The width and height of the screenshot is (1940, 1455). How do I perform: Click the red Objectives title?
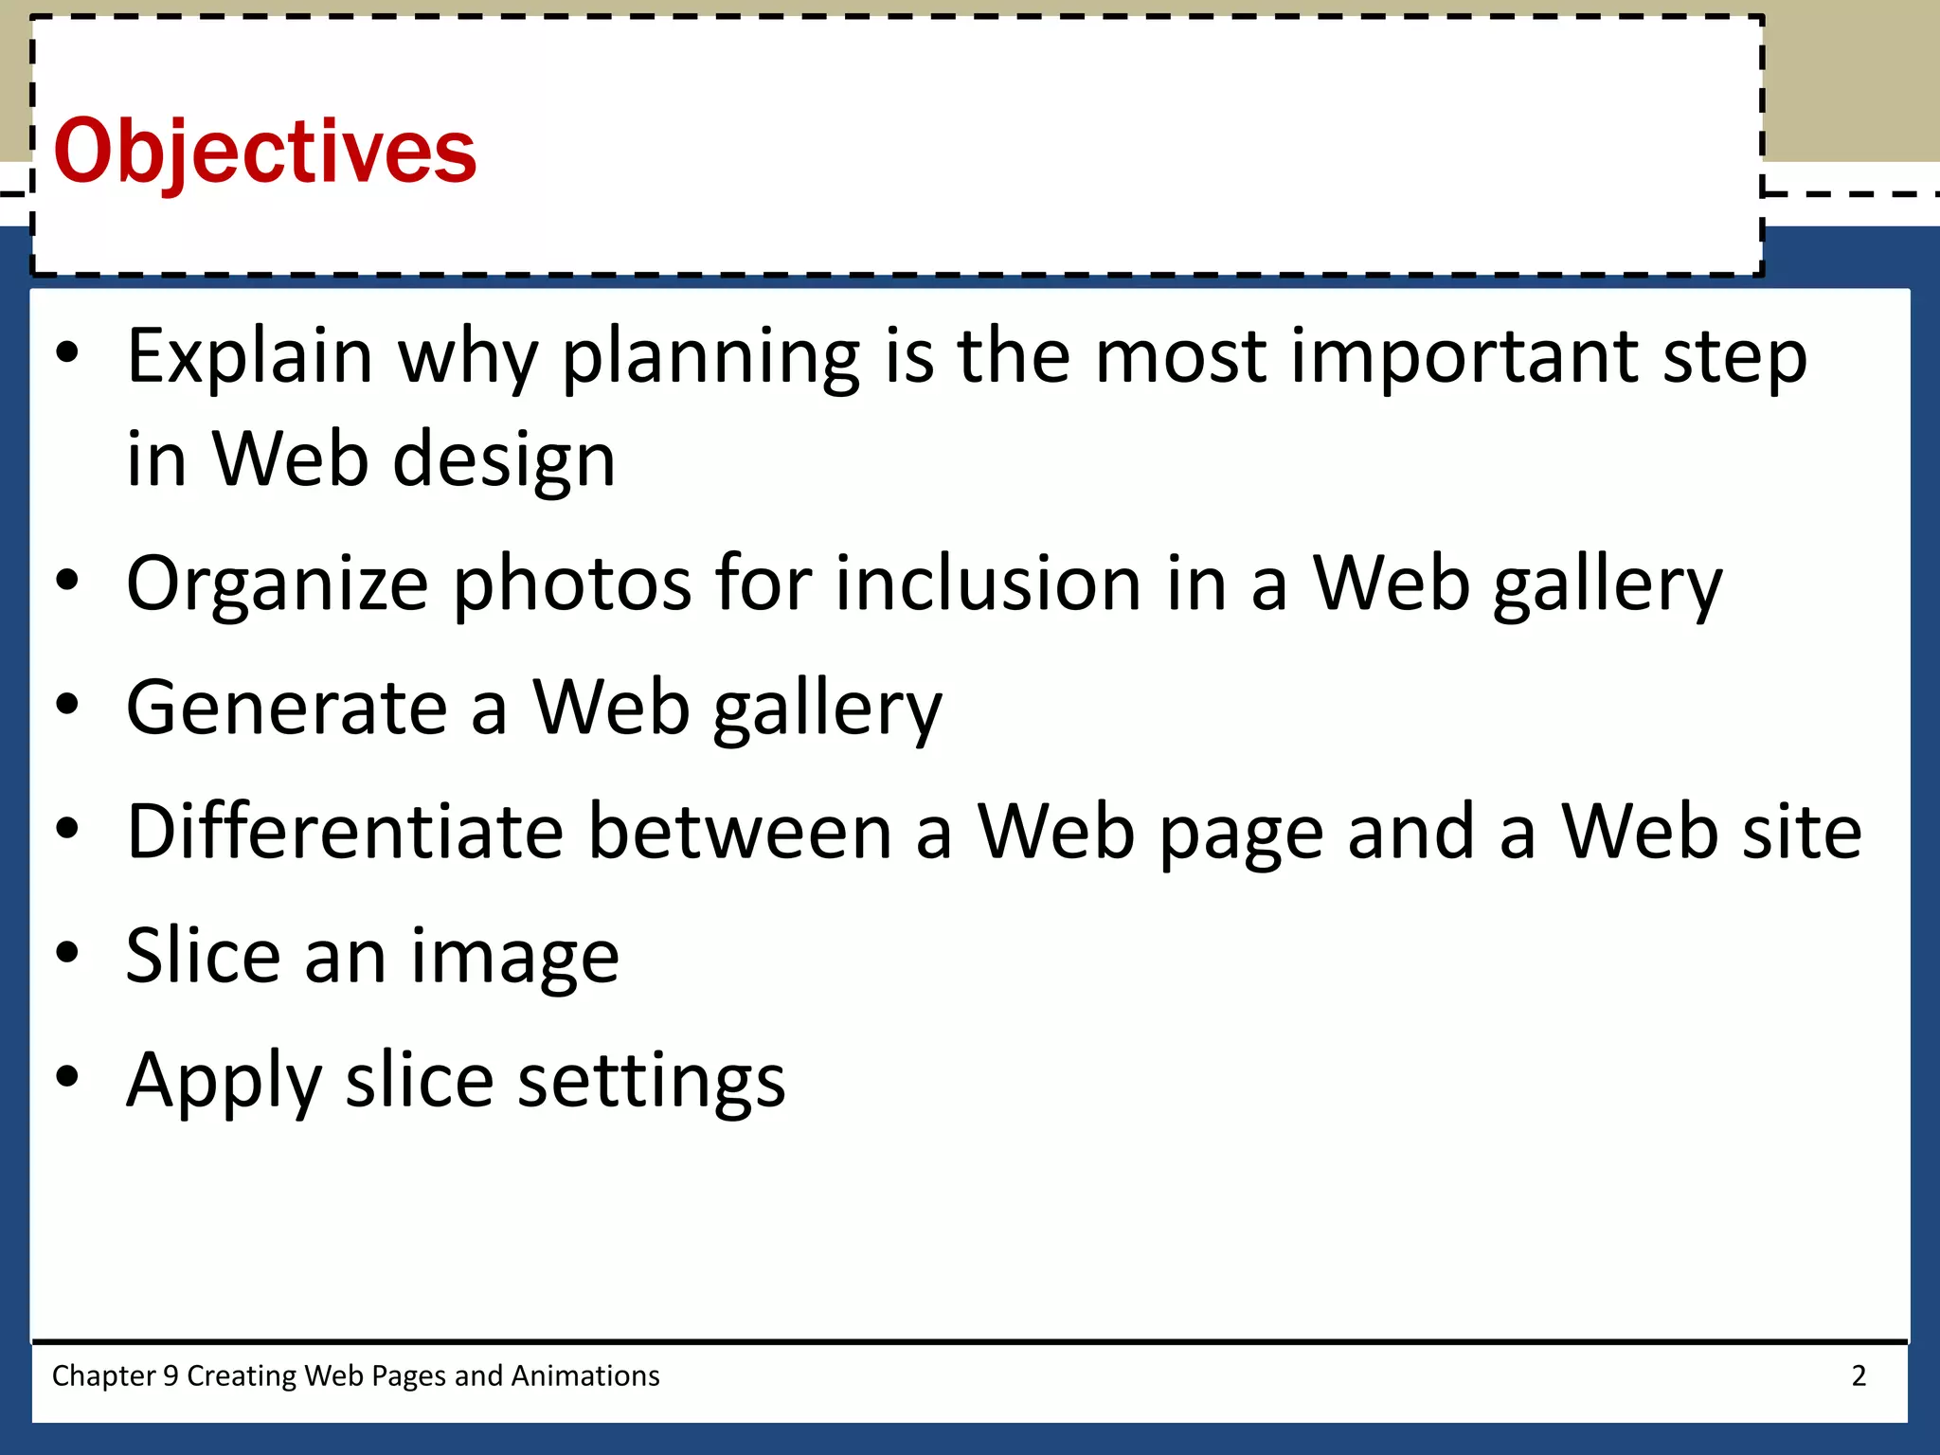click(265, 152)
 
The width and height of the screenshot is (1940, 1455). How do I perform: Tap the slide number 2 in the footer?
click(1859, 1375)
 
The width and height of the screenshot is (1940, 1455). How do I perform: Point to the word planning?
click(710, 357)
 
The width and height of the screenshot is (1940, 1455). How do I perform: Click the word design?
click(504, 461)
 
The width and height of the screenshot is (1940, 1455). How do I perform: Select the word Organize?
click(278, 584)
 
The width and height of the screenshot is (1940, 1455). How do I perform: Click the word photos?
click(572, 584)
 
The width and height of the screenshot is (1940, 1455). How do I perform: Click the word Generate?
click(287, 709)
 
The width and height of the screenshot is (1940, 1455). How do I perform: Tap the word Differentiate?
click(346, 833)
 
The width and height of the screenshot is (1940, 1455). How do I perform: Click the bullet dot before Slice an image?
click(67, 952)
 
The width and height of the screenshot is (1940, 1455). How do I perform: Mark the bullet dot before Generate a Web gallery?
click(67, 704)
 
